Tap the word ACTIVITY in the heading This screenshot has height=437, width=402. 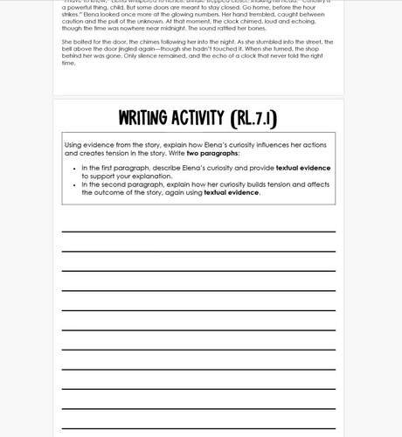point(202,118)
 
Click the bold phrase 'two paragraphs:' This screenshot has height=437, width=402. point(212,153)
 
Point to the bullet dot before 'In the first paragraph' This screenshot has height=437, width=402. point(74,168)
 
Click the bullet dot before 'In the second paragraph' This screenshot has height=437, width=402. point(74,185)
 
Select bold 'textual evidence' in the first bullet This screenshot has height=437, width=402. point(303,168)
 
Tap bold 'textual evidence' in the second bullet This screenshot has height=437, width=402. point(231,193)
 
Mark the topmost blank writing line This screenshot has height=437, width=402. point(198,232)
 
